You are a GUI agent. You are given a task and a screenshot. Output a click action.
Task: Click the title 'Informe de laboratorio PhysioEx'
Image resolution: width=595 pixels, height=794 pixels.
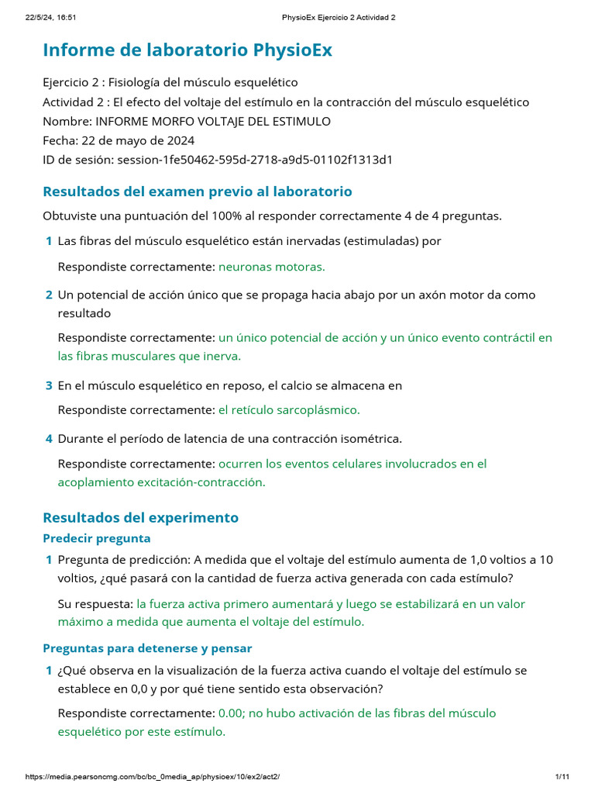coord(187,50)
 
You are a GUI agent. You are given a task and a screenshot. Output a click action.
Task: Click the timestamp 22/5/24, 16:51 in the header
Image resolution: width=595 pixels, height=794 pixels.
coord(44,17)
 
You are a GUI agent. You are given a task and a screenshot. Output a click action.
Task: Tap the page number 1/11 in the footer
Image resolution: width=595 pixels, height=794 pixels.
coord(562,777)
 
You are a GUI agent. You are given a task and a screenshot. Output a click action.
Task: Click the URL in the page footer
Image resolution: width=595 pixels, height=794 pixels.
coord(153,777)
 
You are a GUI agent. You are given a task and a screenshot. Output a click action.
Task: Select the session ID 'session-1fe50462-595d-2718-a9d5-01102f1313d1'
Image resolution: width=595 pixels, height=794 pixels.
coord(254,161)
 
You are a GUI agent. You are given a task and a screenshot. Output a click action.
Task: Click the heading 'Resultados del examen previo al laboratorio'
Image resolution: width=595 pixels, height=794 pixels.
coord(198,192)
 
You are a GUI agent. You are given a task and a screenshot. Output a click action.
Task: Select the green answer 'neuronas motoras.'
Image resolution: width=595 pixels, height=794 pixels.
coord(272,267)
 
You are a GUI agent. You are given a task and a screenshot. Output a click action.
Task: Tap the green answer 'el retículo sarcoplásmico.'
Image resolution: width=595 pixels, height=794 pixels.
coord(289,409)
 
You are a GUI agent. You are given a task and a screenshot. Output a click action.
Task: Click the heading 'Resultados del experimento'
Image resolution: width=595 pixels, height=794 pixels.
coord(141,517)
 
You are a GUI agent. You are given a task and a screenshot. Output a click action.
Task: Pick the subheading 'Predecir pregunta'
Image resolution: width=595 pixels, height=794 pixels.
coord(97,538)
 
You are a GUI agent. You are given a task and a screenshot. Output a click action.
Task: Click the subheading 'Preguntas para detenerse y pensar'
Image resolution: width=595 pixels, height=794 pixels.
coord(147,648)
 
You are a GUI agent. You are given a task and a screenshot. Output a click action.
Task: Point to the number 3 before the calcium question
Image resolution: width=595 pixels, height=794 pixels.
coord(49,385)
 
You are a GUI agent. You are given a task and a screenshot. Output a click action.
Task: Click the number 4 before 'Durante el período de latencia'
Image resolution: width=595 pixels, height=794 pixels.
coord(49,439)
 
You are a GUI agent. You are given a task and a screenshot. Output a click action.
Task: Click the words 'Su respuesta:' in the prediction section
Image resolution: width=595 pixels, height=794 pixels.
coord(95,603)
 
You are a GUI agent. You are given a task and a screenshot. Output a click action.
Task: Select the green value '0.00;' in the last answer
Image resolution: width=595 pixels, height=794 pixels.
coord(233,713)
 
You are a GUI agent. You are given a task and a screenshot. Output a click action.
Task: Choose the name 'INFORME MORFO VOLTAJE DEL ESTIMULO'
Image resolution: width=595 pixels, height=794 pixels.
coord(212,122)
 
